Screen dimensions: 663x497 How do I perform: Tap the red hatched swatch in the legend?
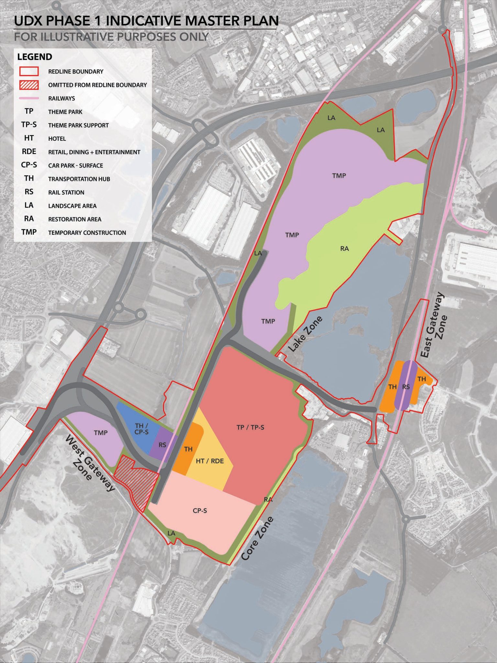point(29,85)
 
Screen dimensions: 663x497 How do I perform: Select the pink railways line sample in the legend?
point(29,98)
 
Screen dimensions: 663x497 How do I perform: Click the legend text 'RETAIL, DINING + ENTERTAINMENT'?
point(94,152)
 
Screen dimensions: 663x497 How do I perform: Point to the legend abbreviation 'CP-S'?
point(29,165)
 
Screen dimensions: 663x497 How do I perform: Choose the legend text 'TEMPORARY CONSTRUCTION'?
point(87,233)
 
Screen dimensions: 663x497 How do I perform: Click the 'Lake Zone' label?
point(305,334)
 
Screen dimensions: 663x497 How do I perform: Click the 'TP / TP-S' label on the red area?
point(250,427)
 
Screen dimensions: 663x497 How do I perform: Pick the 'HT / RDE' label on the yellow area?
point(210,461)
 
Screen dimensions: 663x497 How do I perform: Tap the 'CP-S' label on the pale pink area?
point(200,511)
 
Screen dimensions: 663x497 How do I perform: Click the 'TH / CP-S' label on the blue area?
point(141,429)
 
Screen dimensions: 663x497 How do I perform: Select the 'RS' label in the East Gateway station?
point(406,387)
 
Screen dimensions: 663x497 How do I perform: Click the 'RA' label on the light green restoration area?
point(344,249)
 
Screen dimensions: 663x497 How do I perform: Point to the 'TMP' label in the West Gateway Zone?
point(101,433)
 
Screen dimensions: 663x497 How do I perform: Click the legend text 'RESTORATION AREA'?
point(75,219)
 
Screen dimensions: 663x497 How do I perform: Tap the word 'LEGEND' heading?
point(35,57)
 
